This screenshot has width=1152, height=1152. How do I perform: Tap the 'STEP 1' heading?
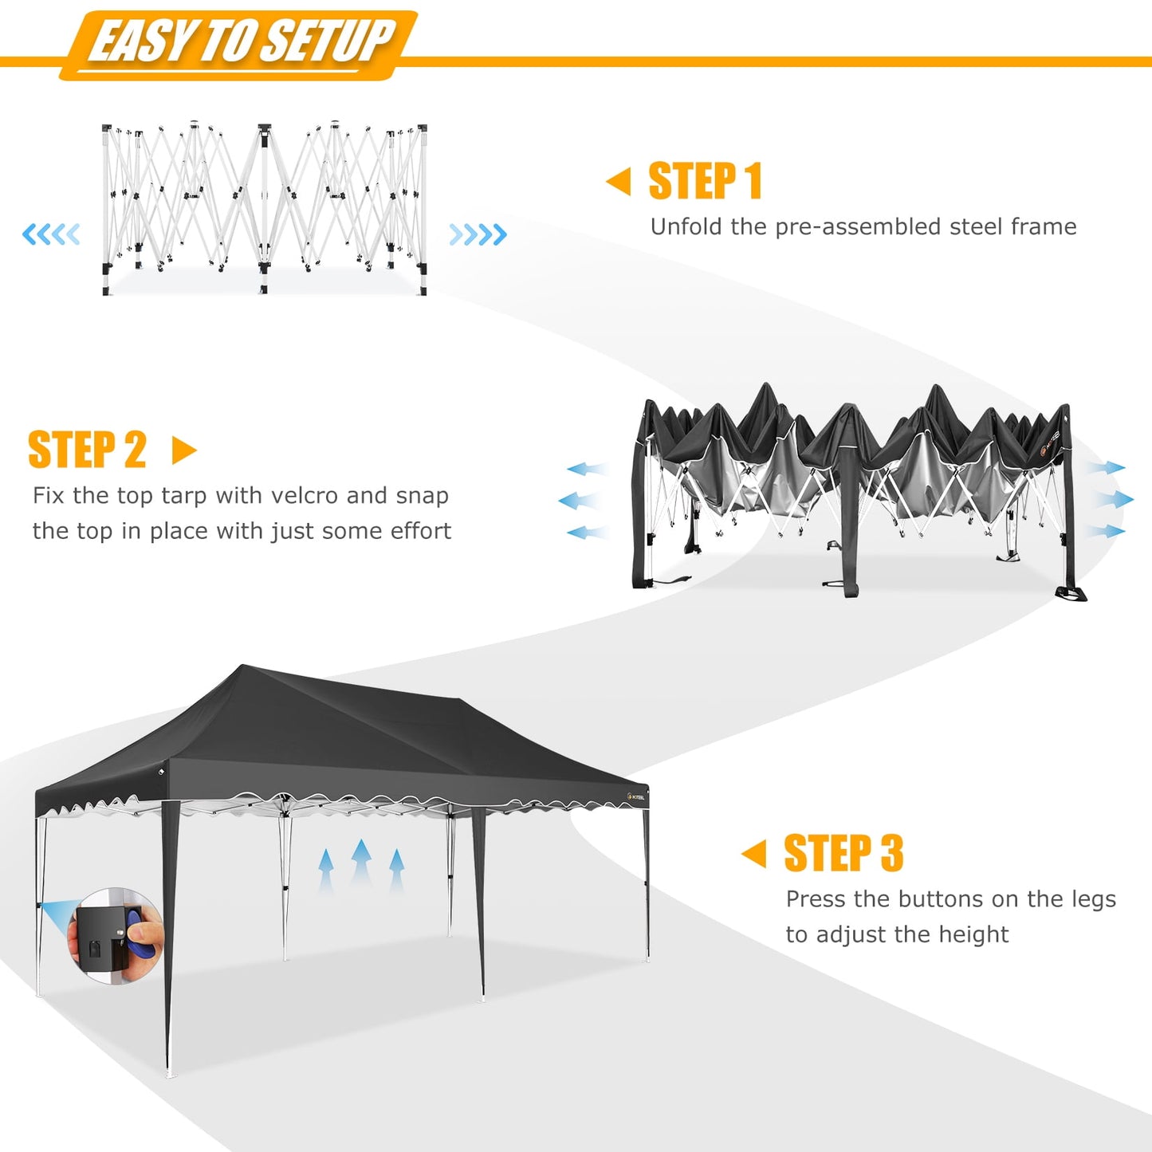click(x=705, y=181)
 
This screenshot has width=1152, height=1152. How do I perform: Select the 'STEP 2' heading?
click(x=88, y=450)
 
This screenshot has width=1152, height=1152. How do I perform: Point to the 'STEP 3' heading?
click(x=843, y=854)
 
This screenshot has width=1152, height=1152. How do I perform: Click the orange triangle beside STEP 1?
click(x=619, y=181)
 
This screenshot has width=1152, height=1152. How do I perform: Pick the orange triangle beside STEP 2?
click(x=183, y=450)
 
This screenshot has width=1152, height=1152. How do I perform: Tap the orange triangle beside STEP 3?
click(x=754, y=854)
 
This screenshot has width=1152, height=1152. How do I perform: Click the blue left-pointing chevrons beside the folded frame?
click(x=52, y=234)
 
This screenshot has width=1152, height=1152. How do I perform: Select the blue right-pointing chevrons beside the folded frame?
click(x=478, y=234)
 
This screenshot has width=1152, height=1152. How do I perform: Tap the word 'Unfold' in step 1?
click(x=686, y=226)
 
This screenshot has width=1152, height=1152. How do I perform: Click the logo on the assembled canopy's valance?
click(x=636, y=796)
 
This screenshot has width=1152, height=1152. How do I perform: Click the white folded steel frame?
click(x=265, y=209)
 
